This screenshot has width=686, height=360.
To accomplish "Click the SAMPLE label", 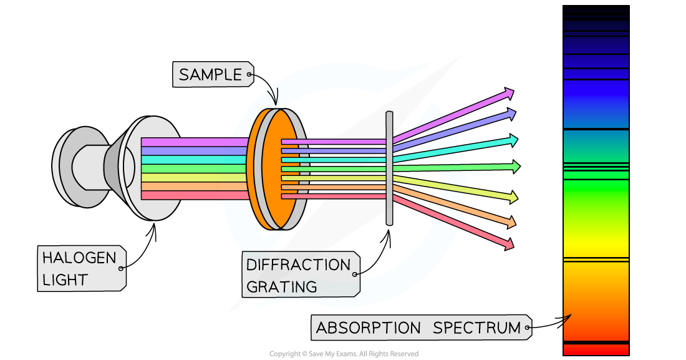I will tap(210, 75).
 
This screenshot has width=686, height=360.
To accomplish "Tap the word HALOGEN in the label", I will tap(70, 258).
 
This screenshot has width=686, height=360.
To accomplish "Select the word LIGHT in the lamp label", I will tap(65, 280).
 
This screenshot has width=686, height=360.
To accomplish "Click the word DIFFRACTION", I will tap(298, 265).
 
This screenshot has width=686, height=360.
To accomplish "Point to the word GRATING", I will tap(281, 287).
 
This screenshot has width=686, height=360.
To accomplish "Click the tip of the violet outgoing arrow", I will tap(511, 93).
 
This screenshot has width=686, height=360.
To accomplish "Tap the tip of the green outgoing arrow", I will tap(518, 167).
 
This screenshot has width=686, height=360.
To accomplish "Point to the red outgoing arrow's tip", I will tap(511, 245).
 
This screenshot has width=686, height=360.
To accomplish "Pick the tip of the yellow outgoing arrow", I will tap(516, 198).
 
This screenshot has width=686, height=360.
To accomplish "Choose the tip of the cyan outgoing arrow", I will tap(516, 140).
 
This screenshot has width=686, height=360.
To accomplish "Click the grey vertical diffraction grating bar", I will tap(389, 168).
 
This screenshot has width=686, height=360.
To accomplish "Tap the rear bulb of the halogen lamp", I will tap(78, 167).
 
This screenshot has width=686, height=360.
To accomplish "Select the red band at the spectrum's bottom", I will tap(596, 349).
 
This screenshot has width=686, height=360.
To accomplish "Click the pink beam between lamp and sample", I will tap(193, 142).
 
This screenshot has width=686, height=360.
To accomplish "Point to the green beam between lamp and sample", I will tap(193, 168).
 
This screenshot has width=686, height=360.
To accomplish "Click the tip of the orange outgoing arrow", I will tap(514, 223).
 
